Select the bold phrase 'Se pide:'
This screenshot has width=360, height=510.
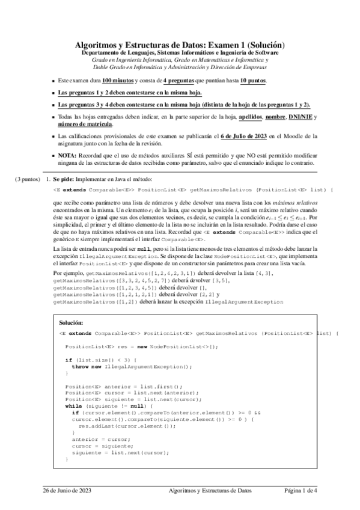[x=63, y=179]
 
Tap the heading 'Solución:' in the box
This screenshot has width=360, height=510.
[x=72, y=323]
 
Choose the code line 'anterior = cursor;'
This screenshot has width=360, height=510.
[x=96, y=440]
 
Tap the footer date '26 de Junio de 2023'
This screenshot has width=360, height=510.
[x=67, y=491]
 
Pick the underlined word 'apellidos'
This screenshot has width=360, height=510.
[x=255, y=118]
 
